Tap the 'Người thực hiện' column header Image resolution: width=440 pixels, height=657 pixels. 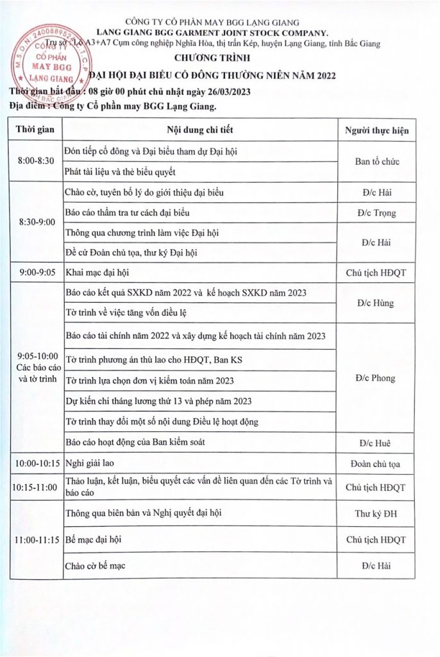pyautogui.click(x=377, y=131)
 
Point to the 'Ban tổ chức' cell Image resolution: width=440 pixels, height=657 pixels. pyautogui.click(x=377, y=161)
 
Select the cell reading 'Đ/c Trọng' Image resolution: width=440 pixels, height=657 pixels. pyautogui.click(x=377, y=213)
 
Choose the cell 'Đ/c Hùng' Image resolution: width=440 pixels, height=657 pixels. pyautogui.click(x=377, y=303)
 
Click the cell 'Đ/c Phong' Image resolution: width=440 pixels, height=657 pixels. pyautogui.click(x=377, y=379)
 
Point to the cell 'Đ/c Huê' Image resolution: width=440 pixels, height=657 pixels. pyautogui.click(x=377, y=443)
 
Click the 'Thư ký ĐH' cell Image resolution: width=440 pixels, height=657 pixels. pyautogui.click(x=377, y=514)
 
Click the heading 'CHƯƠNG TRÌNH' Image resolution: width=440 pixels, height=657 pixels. pyautogui.click(x=219, y=56)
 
